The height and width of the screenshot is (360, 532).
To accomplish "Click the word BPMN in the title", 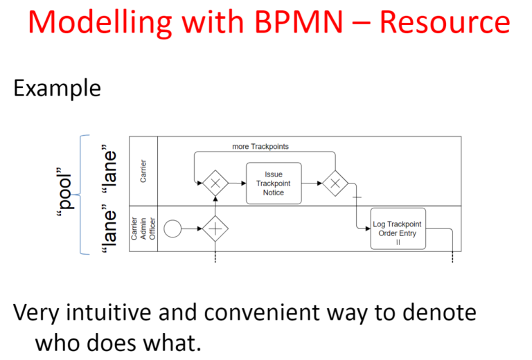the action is coord(299,22).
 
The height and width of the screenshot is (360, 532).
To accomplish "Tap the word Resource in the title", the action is coord(445,22).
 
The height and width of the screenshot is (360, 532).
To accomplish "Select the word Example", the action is coord(57,89).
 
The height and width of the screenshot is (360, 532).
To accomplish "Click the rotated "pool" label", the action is coord(64,192).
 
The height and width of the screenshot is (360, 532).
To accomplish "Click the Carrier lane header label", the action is coord(143,171).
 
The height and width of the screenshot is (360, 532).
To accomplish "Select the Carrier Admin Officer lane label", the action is coord(143,229).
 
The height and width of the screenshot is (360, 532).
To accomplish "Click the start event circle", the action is coord(172,229).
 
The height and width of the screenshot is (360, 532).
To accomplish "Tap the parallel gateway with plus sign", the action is coord(215,229).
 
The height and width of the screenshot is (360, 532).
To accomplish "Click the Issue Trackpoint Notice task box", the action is coord(274,183).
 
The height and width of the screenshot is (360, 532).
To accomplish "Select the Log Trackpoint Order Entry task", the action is coord(398,229).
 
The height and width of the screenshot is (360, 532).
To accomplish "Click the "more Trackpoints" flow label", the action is coord(260,147).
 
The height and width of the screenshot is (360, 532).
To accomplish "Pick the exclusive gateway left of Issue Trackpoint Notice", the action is coord(215,183).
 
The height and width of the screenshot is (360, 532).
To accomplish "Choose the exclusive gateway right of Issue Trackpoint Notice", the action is coord(335,183).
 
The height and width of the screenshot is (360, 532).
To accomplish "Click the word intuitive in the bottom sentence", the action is coord(109,312).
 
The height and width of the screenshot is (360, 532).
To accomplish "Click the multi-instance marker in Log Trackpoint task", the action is coord(398,242).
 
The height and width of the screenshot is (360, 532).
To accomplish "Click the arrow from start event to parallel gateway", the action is coord(192,229).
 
